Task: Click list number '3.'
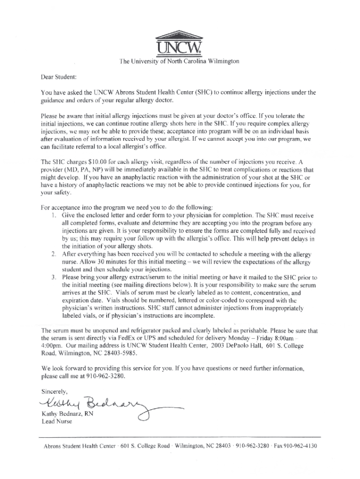(54, 277)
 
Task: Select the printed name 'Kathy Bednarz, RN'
(68, 414)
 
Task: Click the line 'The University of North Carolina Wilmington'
(180, 61)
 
